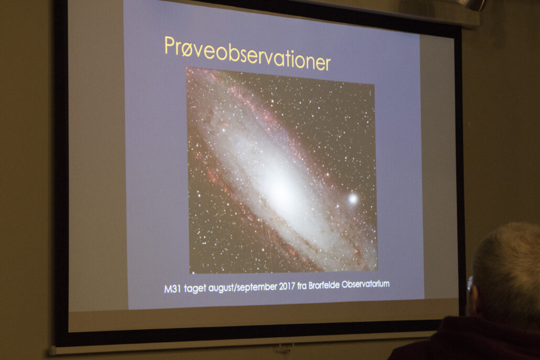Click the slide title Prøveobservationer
(247, 53)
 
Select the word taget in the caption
(195, 288)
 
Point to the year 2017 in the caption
(287, 286)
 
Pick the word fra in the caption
(302, 286)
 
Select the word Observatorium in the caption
(366, 285)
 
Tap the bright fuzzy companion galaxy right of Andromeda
(353, 199)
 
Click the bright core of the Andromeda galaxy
(279, 186)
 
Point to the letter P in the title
(169, 45)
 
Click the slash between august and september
(235, 287)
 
